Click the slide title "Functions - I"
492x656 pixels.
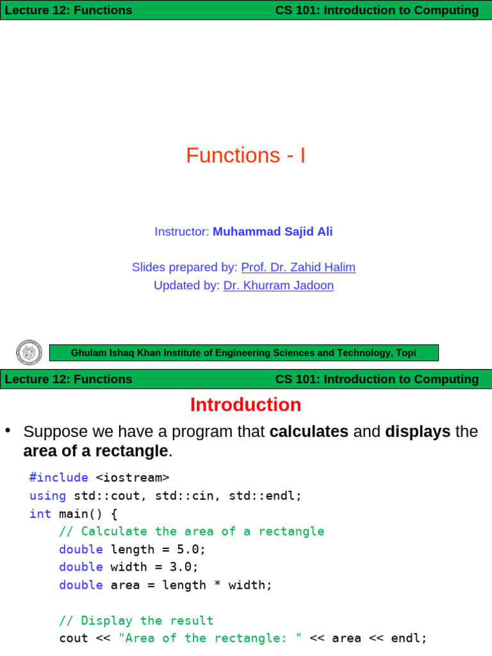[245, 156]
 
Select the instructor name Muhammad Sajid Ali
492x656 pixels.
[272, 232]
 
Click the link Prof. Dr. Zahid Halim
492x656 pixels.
[298, 267]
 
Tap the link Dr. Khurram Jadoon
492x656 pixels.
[278, 286]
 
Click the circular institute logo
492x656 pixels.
[29, 353]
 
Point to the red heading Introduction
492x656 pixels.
[245, 405]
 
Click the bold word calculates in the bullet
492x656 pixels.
[309, 432]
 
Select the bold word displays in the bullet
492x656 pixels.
[418, 432]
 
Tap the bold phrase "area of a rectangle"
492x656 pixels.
[95, 452]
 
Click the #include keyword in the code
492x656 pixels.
[59, 477]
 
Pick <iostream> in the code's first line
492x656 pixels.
[133, 477]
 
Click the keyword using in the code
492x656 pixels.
[47, 495]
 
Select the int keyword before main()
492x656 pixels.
[40, 513]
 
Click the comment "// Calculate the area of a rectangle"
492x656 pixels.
[192, 531]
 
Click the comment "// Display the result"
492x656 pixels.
[136, 621]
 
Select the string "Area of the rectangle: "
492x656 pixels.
[210, 639]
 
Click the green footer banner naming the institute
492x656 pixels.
[243, 353]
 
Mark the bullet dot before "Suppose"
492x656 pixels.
[8, 430]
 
